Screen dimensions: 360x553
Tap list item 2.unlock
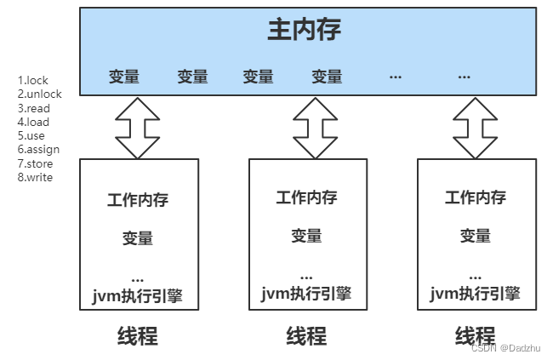pos(39,94)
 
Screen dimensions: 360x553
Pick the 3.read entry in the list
pos(35,108)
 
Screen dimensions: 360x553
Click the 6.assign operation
pos(38,150)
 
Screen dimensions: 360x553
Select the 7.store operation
pos(36,163)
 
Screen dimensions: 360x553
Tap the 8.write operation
pos(36,177)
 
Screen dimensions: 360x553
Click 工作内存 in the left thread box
pos(138,201)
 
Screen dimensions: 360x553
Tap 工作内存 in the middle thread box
pos(306,197)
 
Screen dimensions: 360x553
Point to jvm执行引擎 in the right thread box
pos(476,294)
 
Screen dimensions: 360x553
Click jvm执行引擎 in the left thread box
pos(138,296)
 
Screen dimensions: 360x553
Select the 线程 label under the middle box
pos(306,336)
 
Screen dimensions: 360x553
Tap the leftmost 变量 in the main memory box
pos(124,77)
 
